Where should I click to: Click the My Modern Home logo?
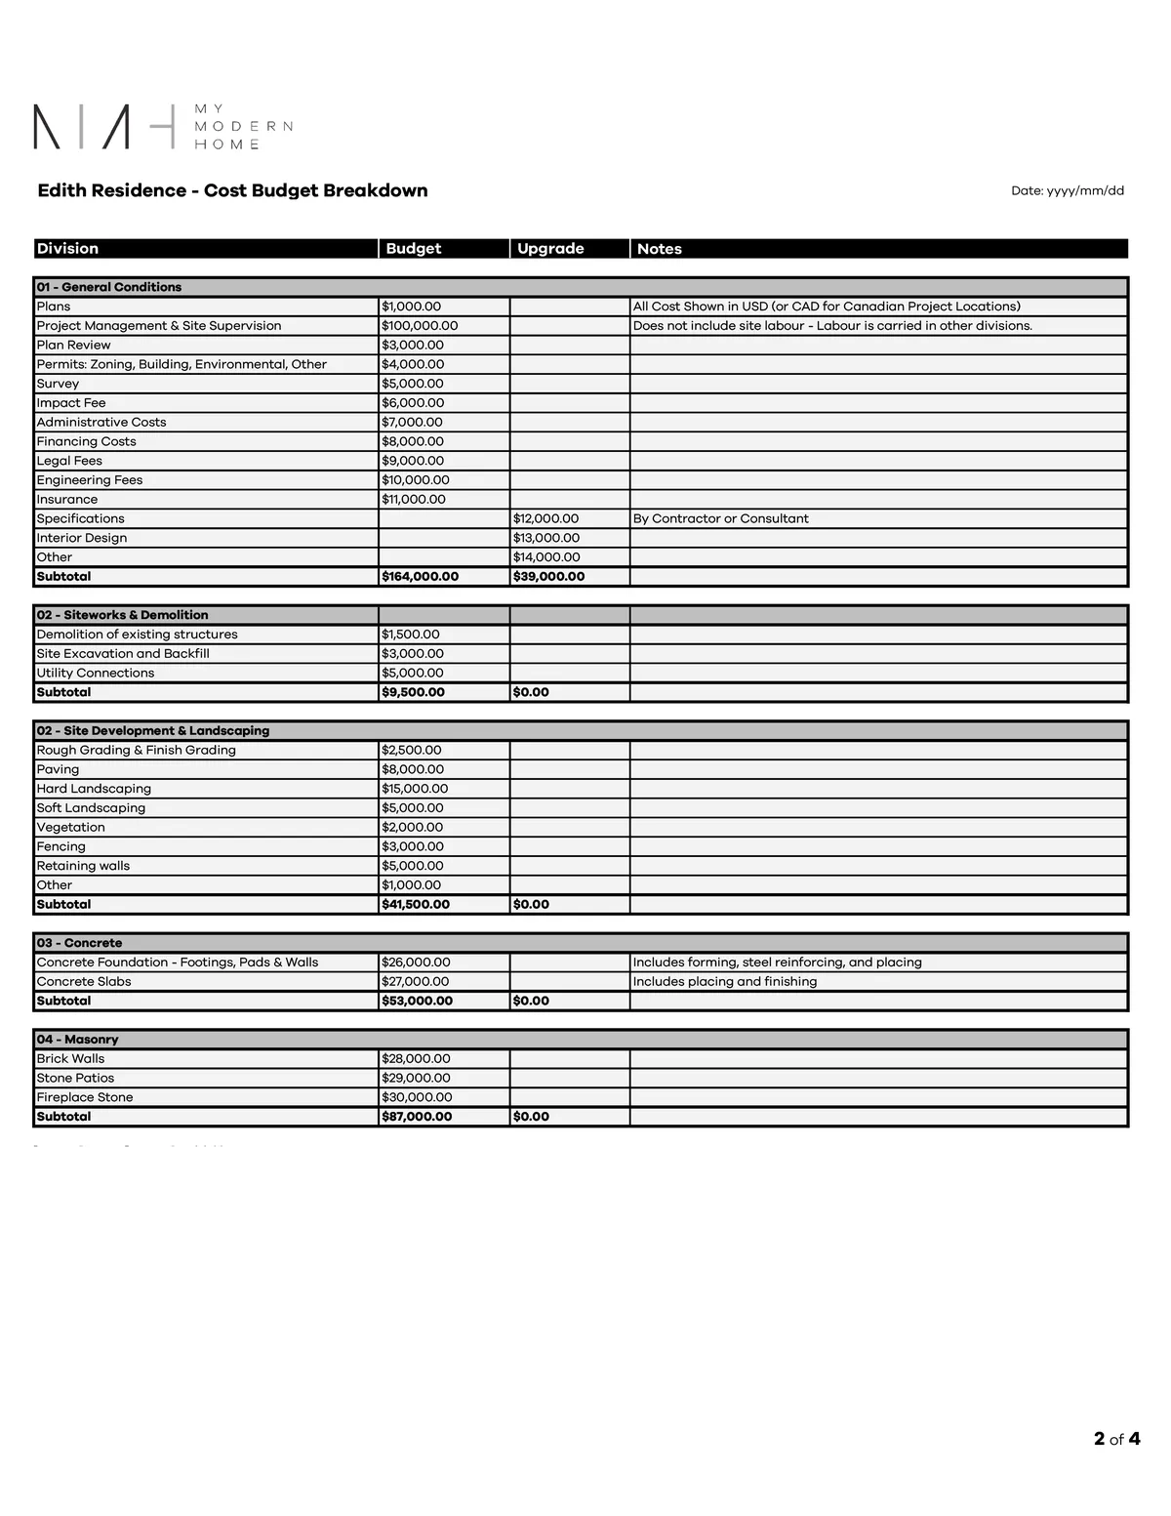click(x=162, y=127)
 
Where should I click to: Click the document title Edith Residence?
click(x=232, y=190)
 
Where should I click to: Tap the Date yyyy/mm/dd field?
click(x=1067, y=191)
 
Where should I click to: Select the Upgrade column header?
click(x=550, y=249)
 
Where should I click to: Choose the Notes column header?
click(x=660, y=249)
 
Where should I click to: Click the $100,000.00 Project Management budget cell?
click(x=420, y=326)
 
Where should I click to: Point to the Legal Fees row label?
click(x=69, y=461)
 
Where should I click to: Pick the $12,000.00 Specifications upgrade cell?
click(x=545, y=518)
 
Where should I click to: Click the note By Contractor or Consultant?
click(x=720, y=518)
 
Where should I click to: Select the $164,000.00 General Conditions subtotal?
click(x=420, y=577)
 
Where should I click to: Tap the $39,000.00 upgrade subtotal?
click(x=548, y=577)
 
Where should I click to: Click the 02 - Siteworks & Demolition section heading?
click(x=122, y=615)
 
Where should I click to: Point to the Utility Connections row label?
click(x=96, y=673)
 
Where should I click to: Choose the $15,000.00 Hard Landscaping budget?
click(x=415, y=789)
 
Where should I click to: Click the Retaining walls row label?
click(x=83, y=866)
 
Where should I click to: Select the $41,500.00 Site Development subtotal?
click(x=416, y=905)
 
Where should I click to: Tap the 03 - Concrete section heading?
click(x=79, y=943)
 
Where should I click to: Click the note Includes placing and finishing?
click(x=725, y=982)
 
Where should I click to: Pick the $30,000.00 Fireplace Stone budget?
click(x=417, y=1097)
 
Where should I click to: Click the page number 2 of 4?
click(x=1116, y=1439)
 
